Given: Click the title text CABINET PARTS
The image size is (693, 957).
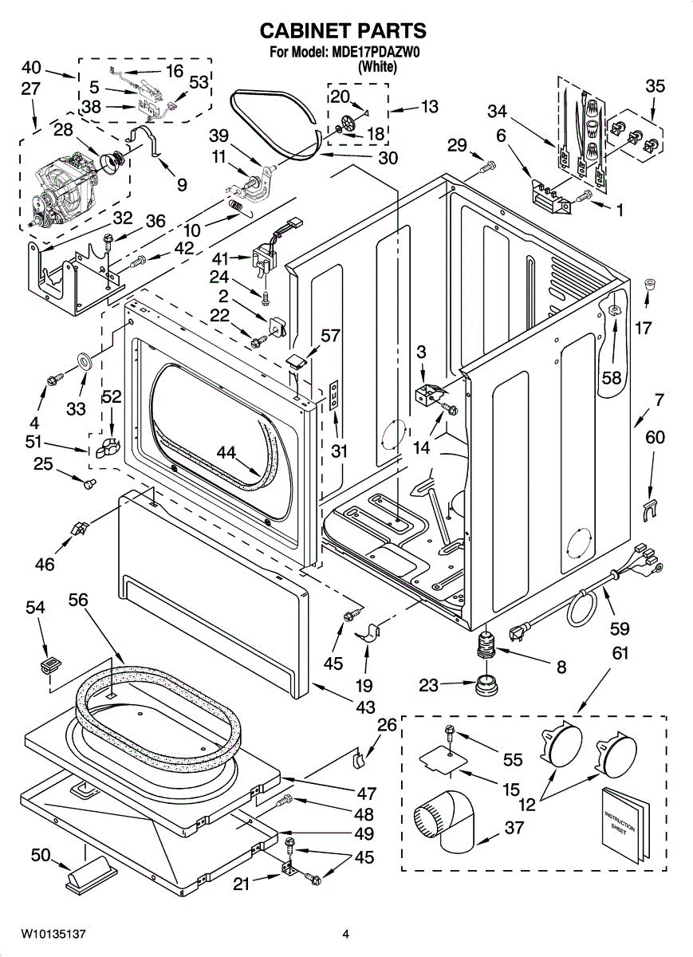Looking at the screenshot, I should [344, 31].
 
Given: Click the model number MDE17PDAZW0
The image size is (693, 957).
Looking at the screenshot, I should [378, 53].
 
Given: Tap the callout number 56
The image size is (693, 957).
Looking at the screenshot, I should [78, 600].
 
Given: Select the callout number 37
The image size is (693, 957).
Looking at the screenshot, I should [514, 828].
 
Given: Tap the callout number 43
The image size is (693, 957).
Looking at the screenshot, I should [365, 707].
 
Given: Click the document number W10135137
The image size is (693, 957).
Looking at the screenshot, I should [53, 933].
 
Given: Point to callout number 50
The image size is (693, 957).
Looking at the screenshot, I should [41, 856].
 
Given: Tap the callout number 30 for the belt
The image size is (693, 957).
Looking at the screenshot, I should [388, 158].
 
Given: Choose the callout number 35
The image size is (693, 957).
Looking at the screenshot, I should [655, 85].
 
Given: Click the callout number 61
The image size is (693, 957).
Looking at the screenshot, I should [620, 653].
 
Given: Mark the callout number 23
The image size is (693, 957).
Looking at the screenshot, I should [429, 683].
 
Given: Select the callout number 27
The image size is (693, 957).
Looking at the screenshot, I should [31, 89].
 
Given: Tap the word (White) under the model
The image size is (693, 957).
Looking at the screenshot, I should [377, 67].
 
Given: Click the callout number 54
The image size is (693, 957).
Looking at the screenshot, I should [35, 608].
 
